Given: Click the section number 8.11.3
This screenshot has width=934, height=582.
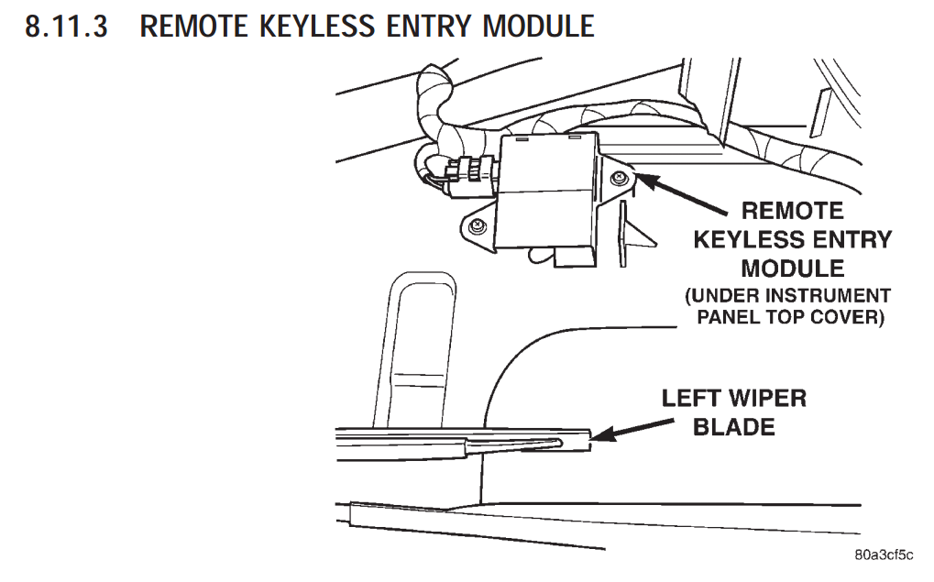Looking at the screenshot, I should pos(65,27).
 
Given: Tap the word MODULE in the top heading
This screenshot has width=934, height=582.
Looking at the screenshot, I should pos(538,27).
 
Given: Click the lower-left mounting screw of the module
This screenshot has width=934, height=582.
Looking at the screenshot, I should pos(475,225).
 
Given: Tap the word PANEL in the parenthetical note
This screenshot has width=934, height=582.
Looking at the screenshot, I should pos(729,318).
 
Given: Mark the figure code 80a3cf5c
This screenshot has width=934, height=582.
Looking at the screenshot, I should pos(884,555).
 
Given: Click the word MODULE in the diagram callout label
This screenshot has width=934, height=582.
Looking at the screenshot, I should pos(792,269).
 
